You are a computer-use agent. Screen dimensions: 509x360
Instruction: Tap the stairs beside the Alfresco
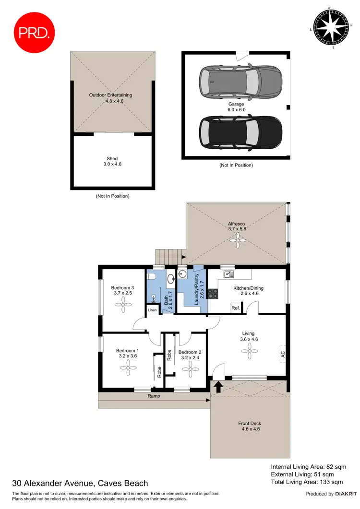[170, 257]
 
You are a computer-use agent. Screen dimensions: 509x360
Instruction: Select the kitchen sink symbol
[228, 274]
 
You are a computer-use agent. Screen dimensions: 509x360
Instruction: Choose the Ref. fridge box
[236, 308]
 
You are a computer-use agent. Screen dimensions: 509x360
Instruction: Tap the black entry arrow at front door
[218, 386]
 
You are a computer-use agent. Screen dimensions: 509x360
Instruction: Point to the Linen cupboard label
[152, 310]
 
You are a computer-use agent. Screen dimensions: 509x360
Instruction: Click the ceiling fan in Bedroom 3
[124, 303]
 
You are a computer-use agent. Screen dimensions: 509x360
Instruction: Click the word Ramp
[154, 396]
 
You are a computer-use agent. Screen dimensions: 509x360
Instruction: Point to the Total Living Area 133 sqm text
[307, 482]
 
